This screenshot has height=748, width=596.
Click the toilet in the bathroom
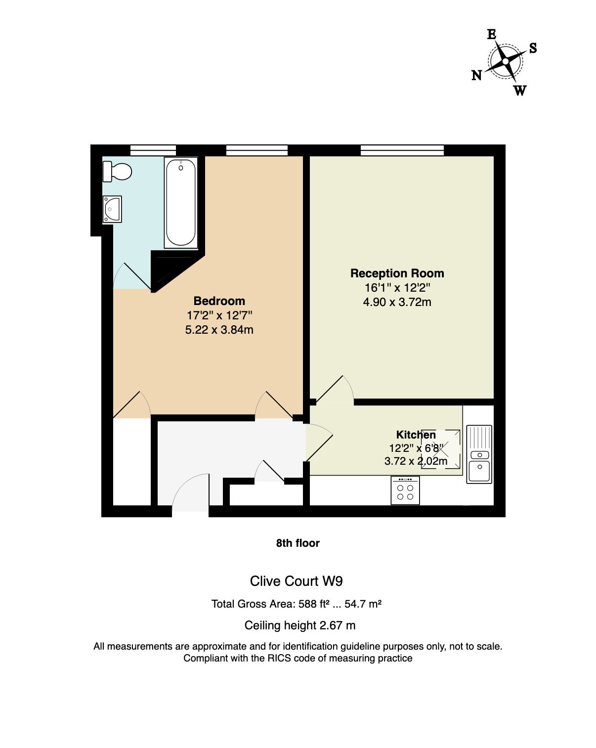tap(117, 172)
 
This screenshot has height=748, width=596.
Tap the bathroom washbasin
tap(112, 209)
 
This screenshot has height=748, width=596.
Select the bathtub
tap(181, 203)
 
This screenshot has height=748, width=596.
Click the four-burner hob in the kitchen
tap(405, 490)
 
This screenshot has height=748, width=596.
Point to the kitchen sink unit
tap(479, 454)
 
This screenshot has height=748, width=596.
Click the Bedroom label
tap(219, 301)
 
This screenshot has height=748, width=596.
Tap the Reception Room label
tap(397, 273)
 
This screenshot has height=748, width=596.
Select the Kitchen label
tap(416, 435)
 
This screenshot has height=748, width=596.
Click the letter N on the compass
tap(476, 75)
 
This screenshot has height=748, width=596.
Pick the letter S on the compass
tap(533, 48)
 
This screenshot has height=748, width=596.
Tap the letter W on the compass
tap(520, 90)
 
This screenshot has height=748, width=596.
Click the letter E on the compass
tap(491, 34)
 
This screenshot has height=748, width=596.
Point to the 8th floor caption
tap(298, 543)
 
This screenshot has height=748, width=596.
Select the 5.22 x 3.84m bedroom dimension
tap(219, 330)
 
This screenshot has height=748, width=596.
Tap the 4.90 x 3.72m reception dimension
tap(397, 302)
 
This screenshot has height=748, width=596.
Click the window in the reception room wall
tap(402, 150)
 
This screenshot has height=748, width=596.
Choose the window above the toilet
tap(153, 150)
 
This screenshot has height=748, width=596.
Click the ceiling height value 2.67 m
tap(338, 625)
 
